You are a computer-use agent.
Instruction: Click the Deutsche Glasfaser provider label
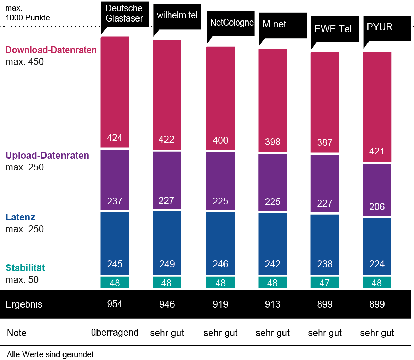coord(124,14)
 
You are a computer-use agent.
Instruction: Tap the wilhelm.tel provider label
coord(177,15)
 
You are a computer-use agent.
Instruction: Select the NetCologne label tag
coord(231,23)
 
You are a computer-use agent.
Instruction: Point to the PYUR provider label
coord(380,27)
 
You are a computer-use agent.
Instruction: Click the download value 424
coord(115,138)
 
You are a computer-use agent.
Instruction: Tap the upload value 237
coord(115,201)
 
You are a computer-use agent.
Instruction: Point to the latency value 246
coord(220,264)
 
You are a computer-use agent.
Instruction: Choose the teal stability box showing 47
coord(325,283)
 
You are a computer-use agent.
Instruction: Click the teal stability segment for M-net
coord(272,283)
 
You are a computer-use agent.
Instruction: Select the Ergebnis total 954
coord(115,304)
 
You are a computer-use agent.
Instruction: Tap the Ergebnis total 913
coord(272,304)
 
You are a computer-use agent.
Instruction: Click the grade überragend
coord(115,333)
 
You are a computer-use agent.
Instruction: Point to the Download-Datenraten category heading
coord(51,50)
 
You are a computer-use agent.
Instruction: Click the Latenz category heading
coord(20,217)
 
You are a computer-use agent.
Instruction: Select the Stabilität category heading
coord(25,268)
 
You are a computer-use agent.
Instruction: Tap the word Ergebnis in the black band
coord(24,304)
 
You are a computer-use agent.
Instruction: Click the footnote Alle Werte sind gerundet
coord(51,354)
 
